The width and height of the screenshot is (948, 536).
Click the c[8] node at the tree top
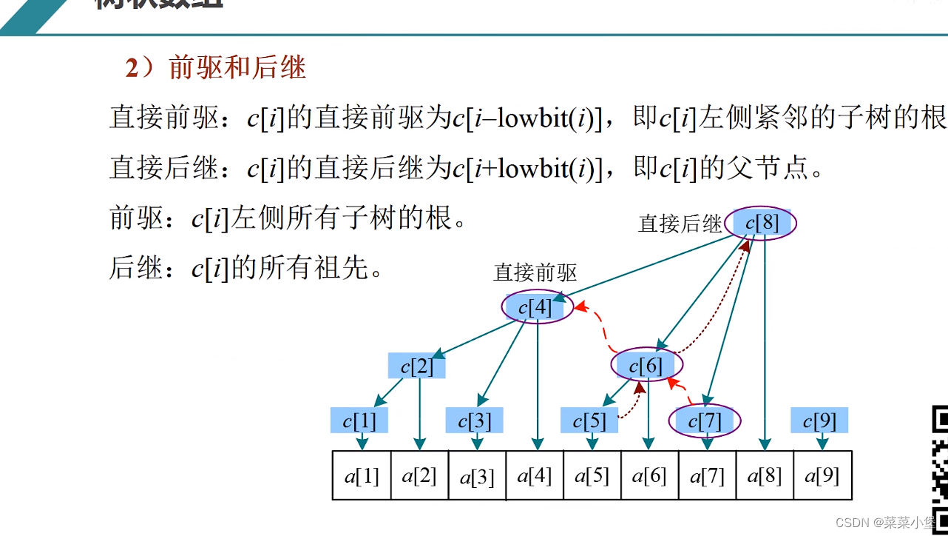click(762, 223)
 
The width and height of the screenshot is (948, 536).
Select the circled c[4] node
click(537, 306)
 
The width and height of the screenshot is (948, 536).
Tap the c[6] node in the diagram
click(646, 365)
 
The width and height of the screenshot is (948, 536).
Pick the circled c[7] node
click(705, 421)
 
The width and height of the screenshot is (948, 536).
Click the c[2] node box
click(416, 366)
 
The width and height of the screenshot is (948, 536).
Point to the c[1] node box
click(359, 421)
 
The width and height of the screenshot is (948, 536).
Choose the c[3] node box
click(474, 421)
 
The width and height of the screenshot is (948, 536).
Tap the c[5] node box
click(589, 421)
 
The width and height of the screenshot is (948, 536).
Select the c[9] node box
click(819, 421)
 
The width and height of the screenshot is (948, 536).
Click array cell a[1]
click(362, 475)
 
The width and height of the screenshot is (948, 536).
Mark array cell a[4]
click(535, 475)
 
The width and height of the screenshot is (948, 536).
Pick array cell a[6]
click(649, 475)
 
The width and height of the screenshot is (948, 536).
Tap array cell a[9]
click(822, 475)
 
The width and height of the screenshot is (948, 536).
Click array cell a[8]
click(765, 475)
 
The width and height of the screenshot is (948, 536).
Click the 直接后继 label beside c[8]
click(680, 224)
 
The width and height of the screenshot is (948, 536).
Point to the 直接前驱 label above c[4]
click(535, 272)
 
